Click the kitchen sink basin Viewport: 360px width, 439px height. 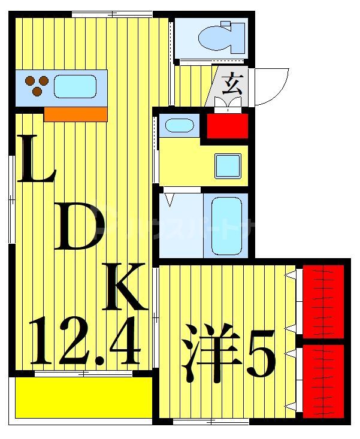pos(75,86)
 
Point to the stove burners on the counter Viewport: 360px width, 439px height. pos(37,85)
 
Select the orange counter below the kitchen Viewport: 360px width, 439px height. pos(75,114)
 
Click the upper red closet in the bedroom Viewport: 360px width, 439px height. pos(323,301)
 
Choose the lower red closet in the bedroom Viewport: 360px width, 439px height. pos(323,380)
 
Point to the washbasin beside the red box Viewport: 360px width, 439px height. pos(179,126)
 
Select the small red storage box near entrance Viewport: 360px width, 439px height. pos(227,126)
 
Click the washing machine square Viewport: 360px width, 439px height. pos(228,165)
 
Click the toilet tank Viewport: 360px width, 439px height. pos(235,37)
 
